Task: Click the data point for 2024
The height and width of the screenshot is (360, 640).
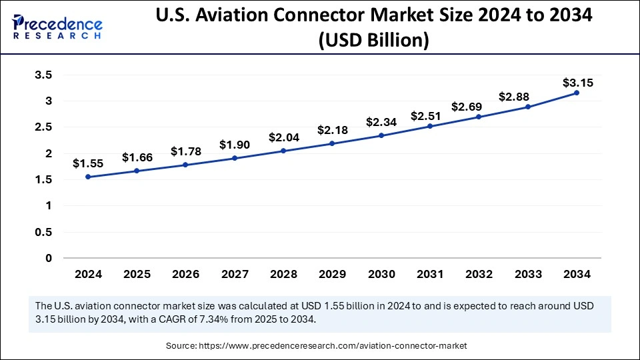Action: (88, 177)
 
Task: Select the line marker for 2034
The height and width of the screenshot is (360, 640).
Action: (577, 93)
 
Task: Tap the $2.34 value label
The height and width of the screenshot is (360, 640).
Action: (381, 122)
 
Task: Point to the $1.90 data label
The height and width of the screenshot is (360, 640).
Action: (235, 145)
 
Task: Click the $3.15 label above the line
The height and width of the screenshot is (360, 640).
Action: (577, 83)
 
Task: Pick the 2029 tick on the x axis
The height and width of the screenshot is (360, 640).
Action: (333, 274)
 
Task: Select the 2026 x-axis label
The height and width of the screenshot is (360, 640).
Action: (186, 274)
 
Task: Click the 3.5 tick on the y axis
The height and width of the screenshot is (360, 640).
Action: (43, 75)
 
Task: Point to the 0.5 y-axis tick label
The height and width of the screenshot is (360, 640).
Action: (43, 232)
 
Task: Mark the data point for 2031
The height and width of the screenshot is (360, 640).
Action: (430, 126)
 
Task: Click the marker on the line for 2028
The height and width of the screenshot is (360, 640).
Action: (283, 151)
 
